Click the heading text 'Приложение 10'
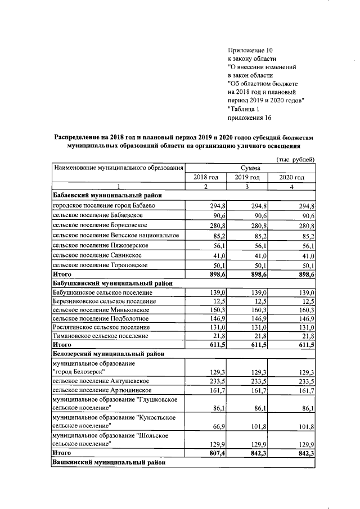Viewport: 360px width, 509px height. pyautogui.click(x=250, y=49)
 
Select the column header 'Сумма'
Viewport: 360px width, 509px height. pyautogui.click(x=250, y=168)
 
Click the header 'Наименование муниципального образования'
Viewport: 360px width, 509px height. pyautogui.click(x=119, y=168)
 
